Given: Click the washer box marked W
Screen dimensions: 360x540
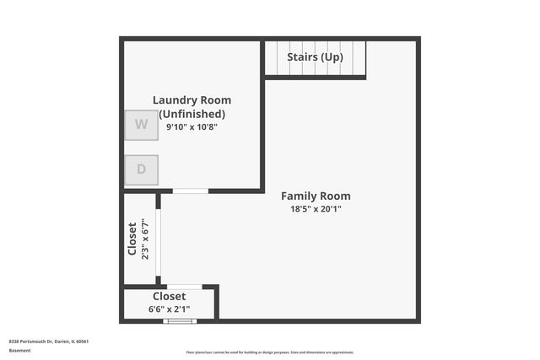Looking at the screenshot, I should click(x=141, y=125).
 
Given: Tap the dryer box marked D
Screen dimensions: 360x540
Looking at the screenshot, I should click(x=141, y=169).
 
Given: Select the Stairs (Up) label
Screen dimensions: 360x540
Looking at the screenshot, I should click(x=315, y=57).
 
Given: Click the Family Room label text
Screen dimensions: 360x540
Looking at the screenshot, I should click(x=316, y=196).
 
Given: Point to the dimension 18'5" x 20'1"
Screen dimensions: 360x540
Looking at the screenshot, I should click(x=316, y=209).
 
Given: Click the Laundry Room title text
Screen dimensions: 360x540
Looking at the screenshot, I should click(x=192, y=100).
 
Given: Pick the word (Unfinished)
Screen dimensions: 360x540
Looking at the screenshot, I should click(x=192, y=114).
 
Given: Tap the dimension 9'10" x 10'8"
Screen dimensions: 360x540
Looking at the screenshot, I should click(x=192, y=127).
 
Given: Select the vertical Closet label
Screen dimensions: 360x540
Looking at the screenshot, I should click(x=132, y=239).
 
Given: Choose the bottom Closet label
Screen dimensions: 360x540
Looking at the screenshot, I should click(x=170, y=297).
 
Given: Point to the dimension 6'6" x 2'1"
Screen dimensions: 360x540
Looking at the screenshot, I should click(x=170, y=309).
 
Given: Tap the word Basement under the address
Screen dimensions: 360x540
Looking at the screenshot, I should click(x=19, y=350).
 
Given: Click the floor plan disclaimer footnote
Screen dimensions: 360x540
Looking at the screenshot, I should click(x=270, y=352).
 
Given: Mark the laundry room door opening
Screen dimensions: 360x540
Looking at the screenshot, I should click(x=191, y=191).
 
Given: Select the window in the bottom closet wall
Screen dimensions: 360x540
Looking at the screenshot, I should click(x=180, y=321).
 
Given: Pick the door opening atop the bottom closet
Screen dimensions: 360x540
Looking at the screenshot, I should click(x=184, y=287).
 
